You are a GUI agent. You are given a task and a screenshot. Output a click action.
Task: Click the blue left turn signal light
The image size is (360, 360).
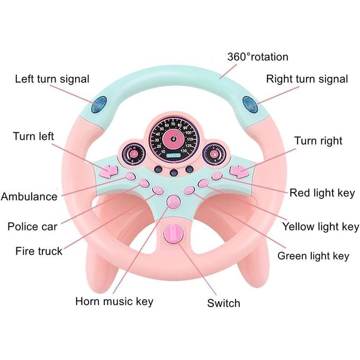tap(99, 105)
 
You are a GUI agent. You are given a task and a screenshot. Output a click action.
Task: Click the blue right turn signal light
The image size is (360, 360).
tap(250, 105)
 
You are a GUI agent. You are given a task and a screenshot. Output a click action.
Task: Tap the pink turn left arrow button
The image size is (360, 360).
tap(109, 172)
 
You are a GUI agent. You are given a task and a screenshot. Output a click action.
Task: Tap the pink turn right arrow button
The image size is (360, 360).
tap(239, 172)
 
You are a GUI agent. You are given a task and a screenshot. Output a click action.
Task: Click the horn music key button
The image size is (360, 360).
tap(174, 202)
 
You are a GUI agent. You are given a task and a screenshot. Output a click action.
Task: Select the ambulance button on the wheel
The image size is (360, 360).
tap(130, 176)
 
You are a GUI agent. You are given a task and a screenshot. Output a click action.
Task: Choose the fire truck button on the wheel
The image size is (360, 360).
tap(158, 190)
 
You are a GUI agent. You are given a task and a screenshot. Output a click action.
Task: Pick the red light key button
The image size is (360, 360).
tap(217, 176)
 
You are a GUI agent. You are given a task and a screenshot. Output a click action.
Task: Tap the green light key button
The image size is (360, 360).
tap(190, 190)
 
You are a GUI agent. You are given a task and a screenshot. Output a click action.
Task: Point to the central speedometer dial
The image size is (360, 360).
tap(174, 139)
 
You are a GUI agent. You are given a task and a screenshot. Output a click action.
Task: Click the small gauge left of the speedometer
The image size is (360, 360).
tap(132, 153)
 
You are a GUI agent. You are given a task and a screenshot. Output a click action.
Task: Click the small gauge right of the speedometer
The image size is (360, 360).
tap(214, 154)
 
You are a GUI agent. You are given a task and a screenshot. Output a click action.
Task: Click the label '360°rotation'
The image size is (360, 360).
tap(258, 57)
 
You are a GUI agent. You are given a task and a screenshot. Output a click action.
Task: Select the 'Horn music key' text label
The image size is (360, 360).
tap(114, 301)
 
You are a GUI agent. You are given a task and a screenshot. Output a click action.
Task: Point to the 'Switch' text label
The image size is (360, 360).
tap(223, 303)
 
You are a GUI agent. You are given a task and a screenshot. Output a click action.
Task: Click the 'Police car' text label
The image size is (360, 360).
tap(32, 227)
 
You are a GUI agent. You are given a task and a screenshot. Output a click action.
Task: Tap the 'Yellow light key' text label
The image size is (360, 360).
tap(320, 227)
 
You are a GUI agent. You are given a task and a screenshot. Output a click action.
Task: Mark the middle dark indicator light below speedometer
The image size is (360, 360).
tap(174, 173)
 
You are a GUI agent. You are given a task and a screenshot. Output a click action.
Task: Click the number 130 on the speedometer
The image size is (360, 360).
tap(184, 150)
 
